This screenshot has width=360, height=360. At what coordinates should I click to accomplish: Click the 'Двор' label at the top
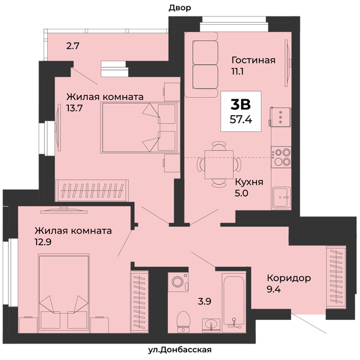coord(180,8)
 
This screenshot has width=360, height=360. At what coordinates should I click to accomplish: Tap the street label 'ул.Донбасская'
coord(179,350)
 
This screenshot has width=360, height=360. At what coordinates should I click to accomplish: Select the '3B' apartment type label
coord(241,104)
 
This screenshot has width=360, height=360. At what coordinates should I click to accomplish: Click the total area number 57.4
coord(241,119)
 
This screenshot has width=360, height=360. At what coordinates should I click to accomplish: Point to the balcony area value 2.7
coord(73,46)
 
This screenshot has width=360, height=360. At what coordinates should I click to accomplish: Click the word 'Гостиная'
coord(254,60)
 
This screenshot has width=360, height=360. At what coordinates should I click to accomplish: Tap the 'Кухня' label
coord(249,182)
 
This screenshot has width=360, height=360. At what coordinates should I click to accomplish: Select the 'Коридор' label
coord(289,278)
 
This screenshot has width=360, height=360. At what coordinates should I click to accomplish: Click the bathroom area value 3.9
coord(205,301)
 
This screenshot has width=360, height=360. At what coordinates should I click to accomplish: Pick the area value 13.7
coord(75,108)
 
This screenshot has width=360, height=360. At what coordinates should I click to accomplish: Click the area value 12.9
coord(43,242)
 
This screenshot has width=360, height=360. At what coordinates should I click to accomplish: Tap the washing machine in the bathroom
coord(178,282)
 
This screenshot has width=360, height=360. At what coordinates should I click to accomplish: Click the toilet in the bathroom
coord(184,321)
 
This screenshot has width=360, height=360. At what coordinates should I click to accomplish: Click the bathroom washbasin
coord(211,326)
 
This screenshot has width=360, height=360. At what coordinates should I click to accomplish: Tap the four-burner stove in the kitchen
coord(281,157)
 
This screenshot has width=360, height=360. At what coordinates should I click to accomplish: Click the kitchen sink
coord(281,198)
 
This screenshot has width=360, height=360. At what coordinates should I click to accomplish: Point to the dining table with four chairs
coord(219,165)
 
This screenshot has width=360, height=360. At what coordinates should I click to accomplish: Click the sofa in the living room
coord(202,65)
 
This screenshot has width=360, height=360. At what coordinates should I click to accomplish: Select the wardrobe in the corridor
coord(336,277)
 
